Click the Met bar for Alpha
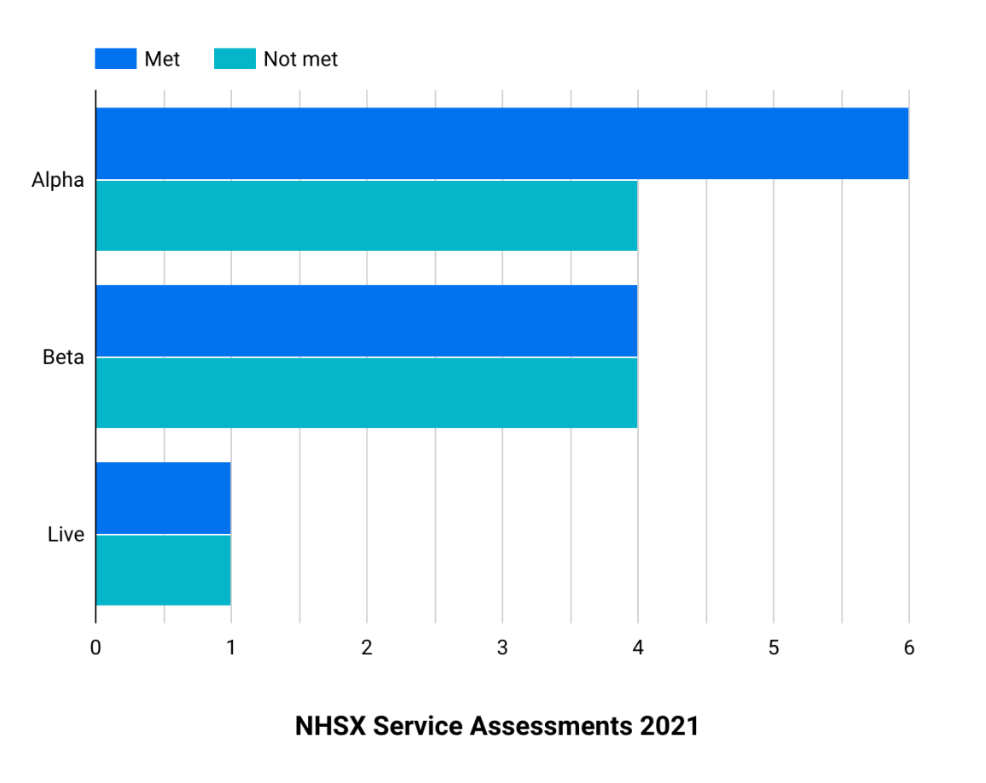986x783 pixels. (x=502, y=143)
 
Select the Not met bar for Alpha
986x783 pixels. (x=367, y=215)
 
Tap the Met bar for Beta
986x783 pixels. (x=367, y=321)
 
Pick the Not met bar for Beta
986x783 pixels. (x=367, y=392)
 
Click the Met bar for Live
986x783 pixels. (x=163, y=498)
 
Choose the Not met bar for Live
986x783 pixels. (x=163, y=570)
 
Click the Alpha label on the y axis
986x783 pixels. (x=58, y=180)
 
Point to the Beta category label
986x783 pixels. (x=63, y=357)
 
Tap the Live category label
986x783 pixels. (x=66, y=535)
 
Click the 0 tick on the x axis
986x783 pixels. (x=96, y=648)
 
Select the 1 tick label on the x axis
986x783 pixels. (x=231, y=648)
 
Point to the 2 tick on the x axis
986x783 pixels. (x=367, y=648)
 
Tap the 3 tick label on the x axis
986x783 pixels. (x=502, y=648)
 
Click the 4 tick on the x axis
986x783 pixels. (x=638, y=648)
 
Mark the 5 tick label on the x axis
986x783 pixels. (x=774, y=648)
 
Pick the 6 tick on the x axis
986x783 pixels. (x=909, y=648)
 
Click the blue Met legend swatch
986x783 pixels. (x=115, y=59)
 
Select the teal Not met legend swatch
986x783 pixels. (x=235, y=59)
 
